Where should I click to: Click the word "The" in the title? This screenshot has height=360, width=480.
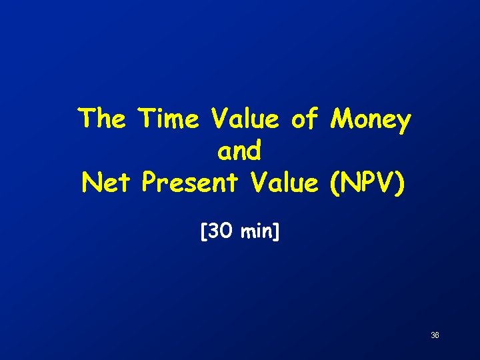coord(102,120)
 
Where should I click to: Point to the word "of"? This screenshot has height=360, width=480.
coord(306,120)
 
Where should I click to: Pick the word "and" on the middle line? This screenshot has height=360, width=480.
coord(239,151)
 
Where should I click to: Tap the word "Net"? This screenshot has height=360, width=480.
coord(107,182)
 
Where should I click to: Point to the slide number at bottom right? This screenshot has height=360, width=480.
coord(435,335)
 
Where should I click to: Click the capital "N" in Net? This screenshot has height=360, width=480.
coord(91,182)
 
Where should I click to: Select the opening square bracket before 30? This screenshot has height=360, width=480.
coord(203,232)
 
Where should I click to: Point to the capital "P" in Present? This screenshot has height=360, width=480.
coord(151,182)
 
